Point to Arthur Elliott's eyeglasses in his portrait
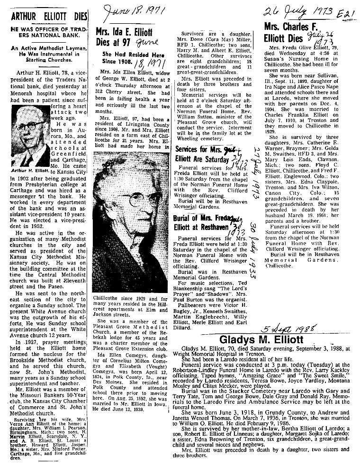click(x=28, y=128)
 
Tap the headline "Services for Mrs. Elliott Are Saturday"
click(x=208, y=154)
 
